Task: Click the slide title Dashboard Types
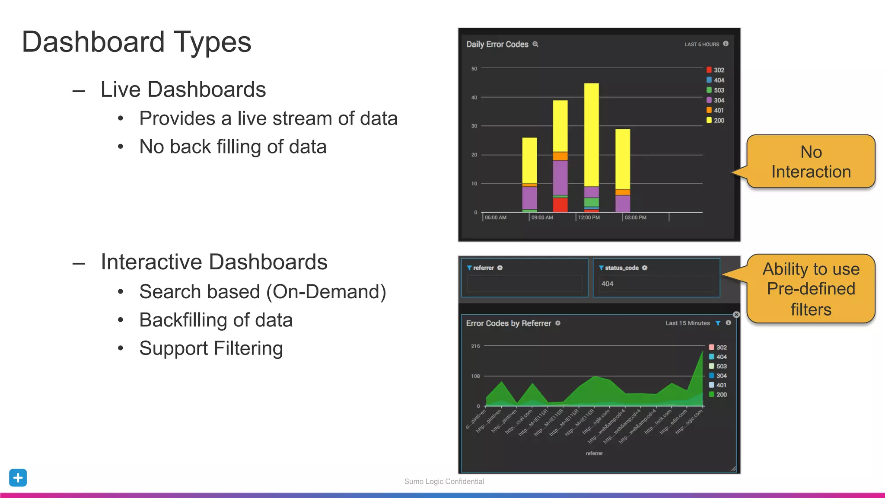[137, 42]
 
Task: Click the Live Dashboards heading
[183, 89]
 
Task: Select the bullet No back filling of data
[232, 147]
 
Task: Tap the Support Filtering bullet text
[211, 348]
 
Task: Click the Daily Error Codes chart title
[497, 45]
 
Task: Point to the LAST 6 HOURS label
[701, 45]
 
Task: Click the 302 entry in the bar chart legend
[718, 70]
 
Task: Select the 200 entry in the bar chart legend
[718, 121]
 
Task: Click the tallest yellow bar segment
[591, 134]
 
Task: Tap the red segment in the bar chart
[560, 204]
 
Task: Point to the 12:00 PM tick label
[589, 217]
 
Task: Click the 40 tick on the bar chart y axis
[474, 98]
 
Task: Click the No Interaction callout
[811, 162]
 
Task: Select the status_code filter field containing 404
[656, 284]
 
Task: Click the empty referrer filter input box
[524, 284]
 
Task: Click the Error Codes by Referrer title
[508, 323]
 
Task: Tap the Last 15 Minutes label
[687, 323]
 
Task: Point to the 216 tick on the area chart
[475, 346]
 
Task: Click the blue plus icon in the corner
[18, 478]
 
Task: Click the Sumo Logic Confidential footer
[444, 482]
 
